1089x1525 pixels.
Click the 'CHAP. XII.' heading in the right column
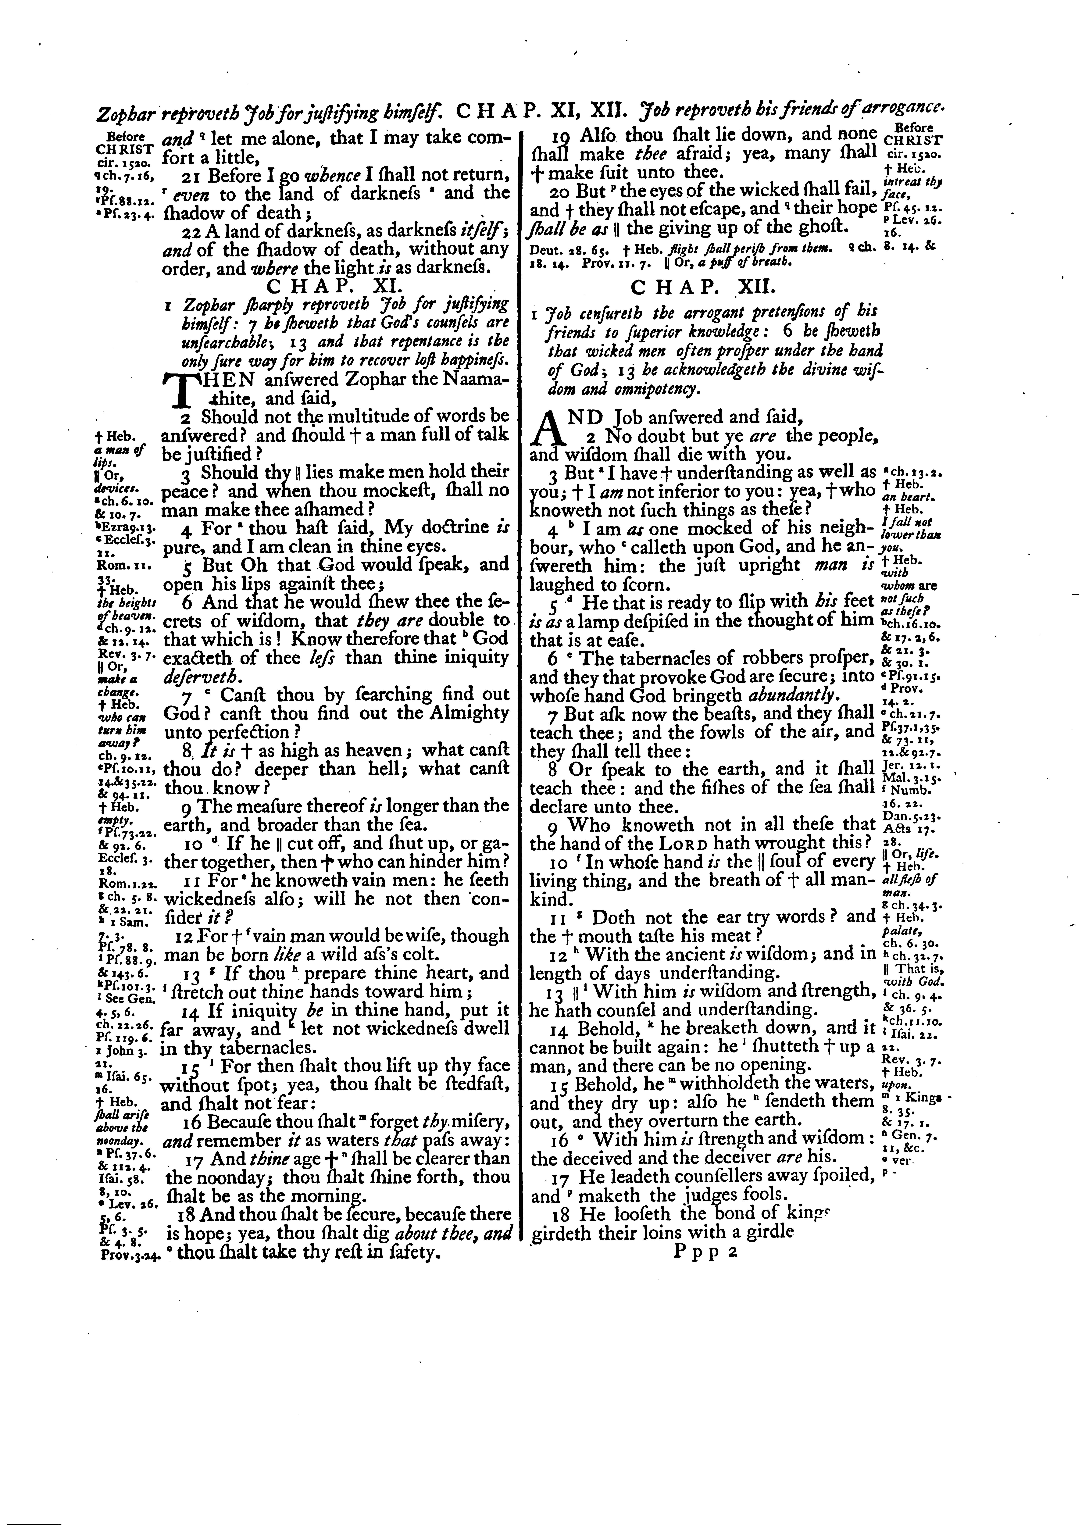[x=703, y=287]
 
